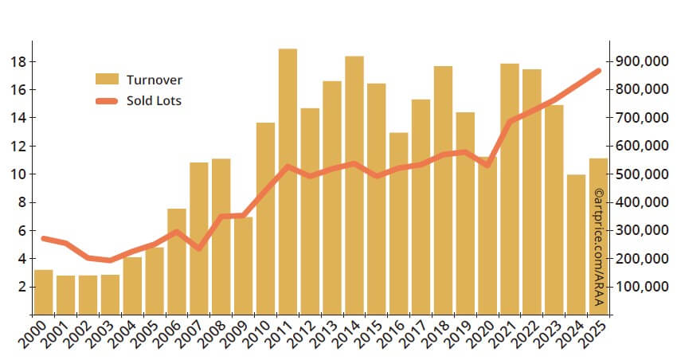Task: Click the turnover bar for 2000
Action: pyautogui.click(x=44, y=292)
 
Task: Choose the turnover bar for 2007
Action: pyautogui.click(x=199, y=238)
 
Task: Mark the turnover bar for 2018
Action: pyautogui.click(x=443, y=190)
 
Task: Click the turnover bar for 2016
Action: pyautogui.click(x=398, y=223)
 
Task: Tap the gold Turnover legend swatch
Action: pyautogui.click(x=106, y=79)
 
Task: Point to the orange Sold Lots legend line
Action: pyautogui.click(x=106, y=100)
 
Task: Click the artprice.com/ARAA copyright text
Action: pyautogui.click(x=599, y=248)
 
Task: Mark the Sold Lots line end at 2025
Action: pyautogui.click(x=598, y=71)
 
